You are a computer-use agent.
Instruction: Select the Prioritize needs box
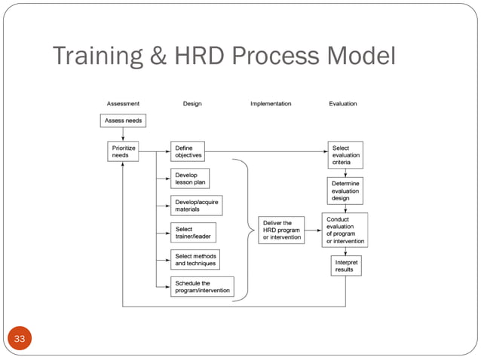point(122,151)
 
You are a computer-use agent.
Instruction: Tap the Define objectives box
point(187,151)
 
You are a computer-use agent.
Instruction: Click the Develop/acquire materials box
point(196,206)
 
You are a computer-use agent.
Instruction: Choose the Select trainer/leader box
point(193,233)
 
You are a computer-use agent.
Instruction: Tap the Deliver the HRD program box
point(282,230)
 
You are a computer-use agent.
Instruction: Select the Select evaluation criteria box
point(345,155)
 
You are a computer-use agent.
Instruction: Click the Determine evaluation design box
point(345,191)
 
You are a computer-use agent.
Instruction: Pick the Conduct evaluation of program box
point(345,230)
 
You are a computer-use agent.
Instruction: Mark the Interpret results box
point(345,266)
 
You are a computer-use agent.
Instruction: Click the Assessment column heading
point(121,104)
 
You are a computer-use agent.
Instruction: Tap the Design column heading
point(192,104)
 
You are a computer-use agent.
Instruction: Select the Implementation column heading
point(271,104)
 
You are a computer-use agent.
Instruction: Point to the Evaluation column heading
point(343,104)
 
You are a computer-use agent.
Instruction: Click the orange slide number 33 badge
point(20,340)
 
